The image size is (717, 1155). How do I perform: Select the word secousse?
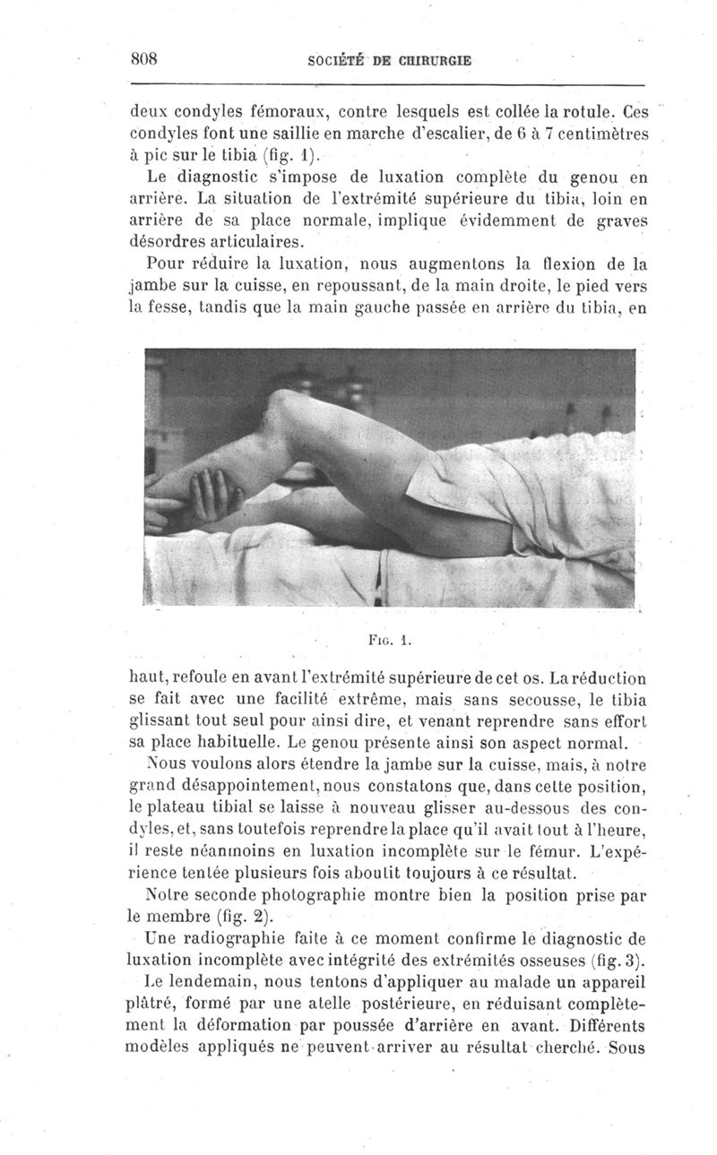click(x=539, y=702)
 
